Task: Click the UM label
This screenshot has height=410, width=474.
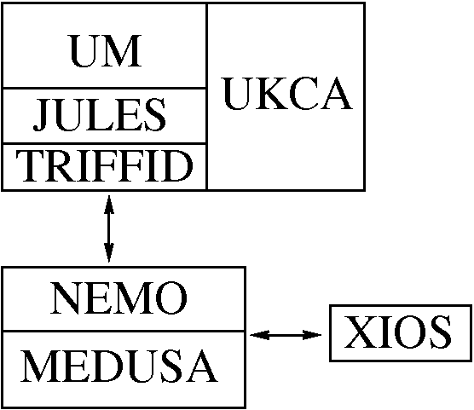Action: tap(106, 51)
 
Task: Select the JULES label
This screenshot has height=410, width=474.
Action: tap(100, 115)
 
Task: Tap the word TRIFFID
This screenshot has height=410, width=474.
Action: tap(104, 166)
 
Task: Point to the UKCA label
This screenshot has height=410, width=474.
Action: tap(288, 93)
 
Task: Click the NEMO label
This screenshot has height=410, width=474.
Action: tap(118, 298)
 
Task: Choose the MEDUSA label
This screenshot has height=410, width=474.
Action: tap(119, 366)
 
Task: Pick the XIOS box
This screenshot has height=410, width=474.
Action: tap(401, 333)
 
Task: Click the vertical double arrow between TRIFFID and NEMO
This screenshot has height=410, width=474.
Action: tap(109, 228)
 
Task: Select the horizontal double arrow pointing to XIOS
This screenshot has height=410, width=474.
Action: tap(286, 335)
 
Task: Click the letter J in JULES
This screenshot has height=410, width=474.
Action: tap(40, 115)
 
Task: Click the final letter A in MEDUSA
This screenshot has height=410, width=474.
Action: tap(202, 366)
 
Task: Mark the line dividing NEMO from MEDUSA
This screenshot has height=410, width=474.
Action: tap(124, 331)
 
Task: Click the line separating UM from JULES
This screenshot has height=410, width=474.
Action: tap(104, 89)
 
